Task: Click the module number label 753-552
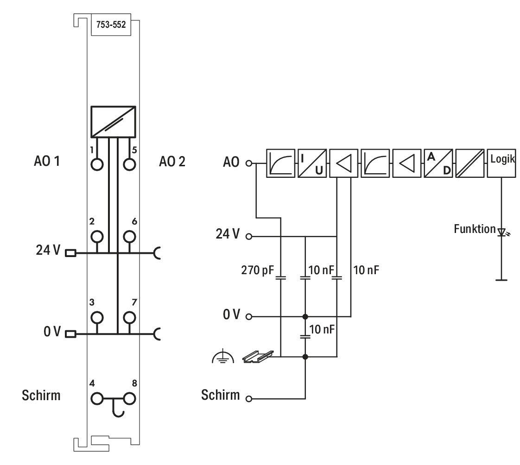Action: coord(111,25)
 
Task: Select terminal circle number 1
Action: coord(97,164)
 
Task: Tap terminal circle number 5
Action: coord(129,164)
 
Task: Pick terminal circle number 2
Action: coord(97,237)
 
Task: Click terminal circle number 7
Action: coord(129,318)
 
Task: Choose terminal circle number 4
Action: coord(97,398)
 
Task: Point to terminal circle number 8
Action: coord(129,398)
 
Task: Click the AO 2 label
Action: coord(172,162)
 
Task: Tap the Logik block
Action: coord(501,163)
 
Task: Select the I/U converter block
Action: coord(312,163)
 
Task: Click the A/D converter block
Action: coord(438,163)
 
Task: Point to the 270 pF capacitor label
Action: coord(258,270)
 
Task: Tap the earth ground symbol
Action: coord(223,356)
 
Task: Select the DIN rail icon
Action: coord(258,356)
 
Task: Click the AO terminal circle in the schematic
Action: coord(249,163)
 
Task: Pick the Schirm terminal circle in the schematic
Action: coord(249,398)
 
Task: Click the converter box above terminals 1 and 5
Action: coord(113,122)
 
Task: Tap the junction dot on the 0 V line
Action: coord(305,316)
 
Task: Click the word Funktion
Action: coord(475,229)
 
